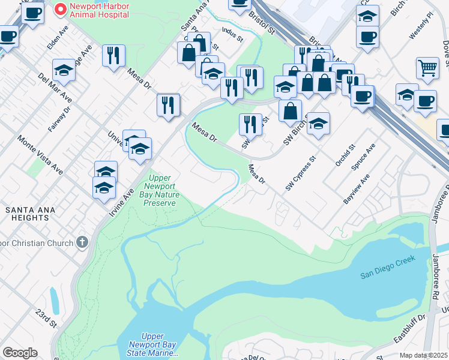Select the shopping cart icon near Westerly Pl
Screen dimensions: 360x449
(427, 68)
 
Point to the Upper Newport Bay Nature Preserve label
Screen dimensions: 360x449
(160, 190)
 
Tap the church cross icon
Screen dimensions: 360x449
(82, 243)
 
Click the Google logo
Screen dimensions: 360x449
(20, 353)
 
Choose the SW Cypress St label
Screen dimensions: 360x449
(301, 174)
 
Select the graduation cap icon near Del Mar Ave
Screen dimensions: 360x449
(64, 71)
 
